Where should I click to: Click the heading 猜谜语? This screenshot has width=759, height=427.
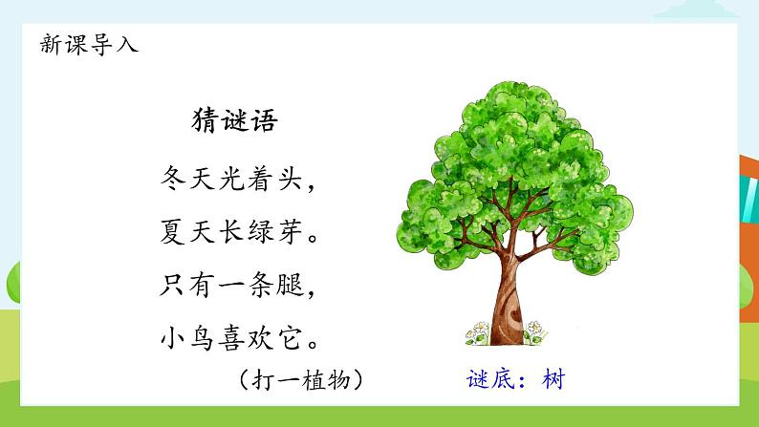tap(235, 122)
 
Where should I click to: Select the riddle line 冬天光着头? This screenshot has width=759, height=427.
tap(233, 178)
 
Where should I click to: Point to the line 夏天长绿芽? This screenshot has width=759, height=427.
tap(233, 231)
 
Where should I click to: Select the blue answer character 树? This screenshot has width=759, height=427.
tap(553, 379)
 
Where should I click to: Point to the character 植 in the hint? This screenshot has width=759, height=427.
tap(313, 379)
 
